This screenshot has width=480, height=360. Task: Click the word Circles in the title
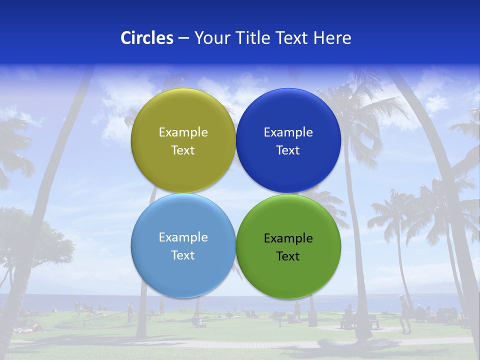click(147, 38)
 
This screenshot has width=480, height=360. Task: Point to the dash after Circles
click(183, 38)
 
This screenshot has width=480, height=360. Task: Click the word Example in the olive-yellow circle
click(183, 132)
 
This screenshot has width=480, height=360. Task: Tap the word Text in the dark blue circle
click(288, 150)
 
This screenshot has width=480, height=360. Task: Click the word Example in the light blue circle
click(183, 237)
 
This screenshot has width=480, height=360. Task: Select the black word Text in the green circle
click(288, 256)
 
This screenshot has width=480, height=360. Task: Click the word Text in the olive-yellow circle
click(183, 150)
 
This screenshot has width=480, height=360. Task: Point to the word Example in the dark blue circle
click(288, 132)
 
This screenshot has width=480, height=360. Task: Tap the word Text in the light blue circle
click(183, 255)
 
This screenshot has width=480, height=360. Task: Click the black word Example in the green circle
click(288, 238)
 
